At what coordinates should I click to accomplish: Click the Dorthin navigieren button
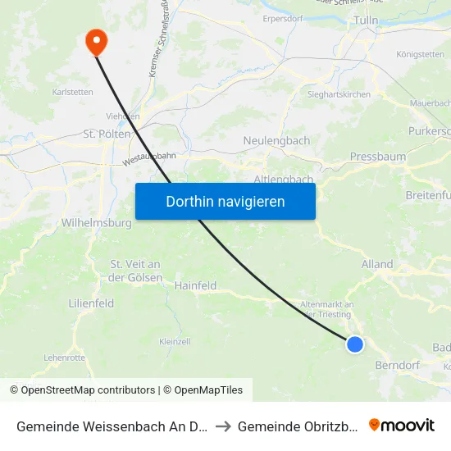coord(225,201)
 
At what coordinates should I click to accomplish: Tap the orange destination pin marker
coord(96,42)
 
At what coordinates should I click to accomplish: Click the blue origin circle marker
coord(355,344)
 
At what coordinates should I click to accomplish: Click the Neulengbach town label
coord(276,141)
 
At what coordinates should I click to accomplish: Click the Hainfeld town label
coord(195,285)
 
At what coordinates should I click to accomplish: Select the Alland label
coord(377,264)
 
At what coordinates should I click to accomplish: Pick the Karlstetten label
coord(71,93)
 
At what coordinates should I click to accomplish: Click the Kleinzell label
coord(175,341)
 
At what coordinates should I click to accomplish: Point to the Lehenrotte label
coord(64,358)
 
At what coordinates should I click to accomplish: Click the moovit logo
coord(401,426)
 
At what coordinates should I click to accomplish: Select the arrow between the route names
coord(224,426)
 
